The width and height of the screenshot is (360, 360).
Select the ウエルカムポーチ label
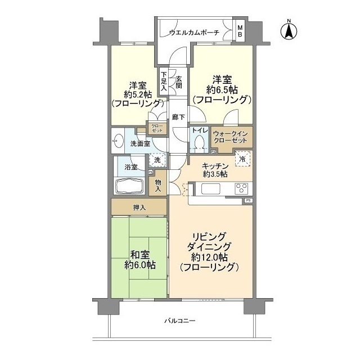tap(194, 33)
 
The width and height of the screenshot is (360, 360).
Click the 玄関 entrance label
tap(178, 83)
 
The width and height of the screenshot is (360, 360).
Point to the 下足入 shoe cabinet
tap(164, 82)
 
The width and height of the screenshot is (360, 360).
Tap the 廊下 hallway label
tap(178, 119)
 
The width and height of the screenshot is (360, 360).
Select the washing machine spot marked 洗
tap(159, 160)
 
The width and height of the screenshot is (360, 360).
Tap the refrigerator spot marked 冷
tap(242, 159)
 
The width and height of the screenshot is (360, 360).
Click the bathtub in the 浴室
tap(129, 186)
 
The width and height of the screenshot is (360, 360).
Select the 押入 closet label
tap(139, 208)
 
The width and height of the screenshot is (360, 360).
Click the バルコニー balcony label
tap(179, 321)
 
